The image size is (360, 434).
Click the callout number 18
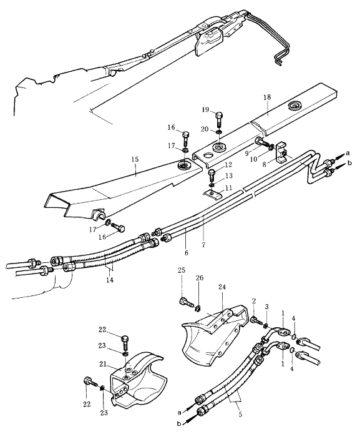267,97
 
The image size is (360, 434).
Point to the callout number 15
135,160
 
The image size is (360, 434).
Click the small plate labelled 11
213,194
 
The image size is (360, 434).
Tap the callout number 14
110,280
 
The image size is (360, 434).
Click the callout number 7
203,245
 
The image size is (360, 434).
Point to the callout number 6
187,253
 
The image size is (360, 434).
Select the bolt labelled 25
186,302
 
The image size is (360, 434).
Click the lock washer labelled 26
198,307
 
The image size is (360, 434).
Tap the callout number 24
222,287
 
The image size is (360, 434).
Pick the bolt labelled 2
256,321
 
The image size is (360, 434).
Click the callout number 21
103,365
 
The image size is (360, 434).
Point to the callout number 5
240,415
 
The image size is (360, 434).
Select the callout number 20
205,129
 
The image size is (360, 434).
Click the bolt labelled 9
263,142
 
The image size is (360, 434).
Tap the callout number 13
229,175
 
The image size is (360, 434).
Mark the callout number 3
266,307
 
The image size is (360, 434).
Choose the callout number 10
253,160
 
